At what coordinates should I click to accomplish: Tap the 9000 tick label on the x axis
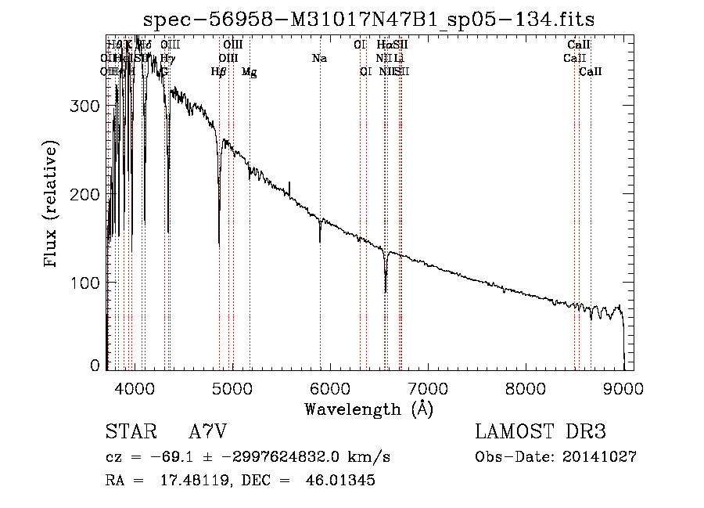click(x=623, y=387)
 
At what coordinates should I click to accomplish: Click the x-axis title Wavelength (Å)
click(x=368, y=409)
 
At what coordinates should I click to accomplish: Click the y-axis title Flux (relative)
click(x=52, y=204)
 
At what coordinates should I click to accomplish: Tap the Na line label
click(x=319, y=58)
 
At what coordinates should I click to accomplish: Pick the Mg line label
click(x=249, y=72)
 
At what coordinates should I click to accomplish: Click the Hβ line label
click(x=219, y=72)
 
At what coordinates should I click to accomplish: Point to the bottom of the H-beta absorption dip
click(x=219, y=245)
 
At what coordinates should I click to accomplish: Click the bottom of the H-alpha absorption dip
click(x=386, y=291)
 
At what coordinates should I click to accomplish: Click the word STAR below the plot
click(x=128, y=432)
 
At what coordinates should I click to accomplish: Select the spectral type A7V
click(x=207, y=432)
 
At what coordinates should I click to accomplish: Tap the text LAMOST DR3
click(x=541, y=432)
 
